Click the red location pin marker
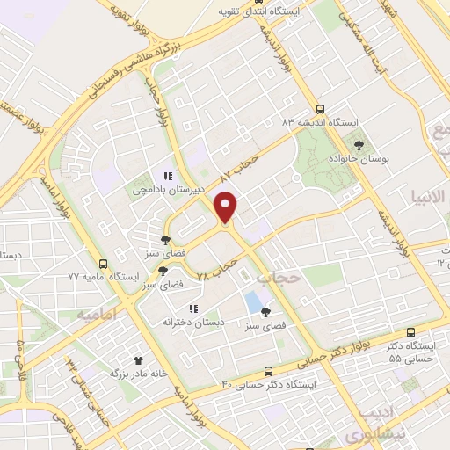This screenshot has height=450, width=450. pyautogui.click(x=226, y=207)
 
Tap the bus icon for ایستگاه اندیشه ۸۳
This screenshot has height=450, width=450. pyautogui.click(x=319, y=109)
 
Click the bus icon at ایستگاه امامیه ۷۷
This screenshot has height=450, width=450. pyautogui.click(x=104, y=264)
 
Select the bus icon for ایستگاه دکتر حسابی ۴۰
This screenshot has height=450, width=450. pyautogui.click(x=269, y=371)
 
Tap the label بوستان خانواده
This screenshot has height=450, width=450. pyautogui.click(x=380, y=160)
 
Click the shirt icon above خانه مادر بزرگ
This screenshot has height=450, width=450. pyautogui.click(x=137, y=359)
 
